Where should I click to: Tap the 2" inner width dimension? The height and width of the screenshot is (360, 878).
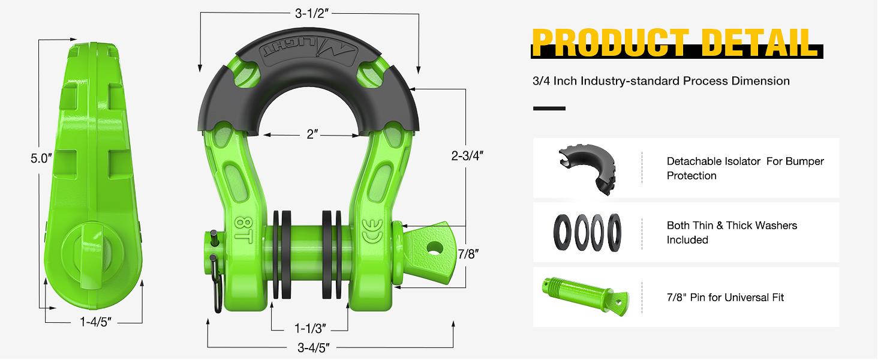pos(311,134)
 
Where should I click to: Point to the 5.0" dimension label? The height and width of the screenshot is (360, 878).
pos(41,159)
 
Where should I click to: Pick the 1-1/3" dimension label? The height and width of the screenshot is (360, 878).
pos(310,329)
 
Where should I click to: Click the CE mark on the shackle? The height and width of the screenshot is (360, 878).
pos(370,230)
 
